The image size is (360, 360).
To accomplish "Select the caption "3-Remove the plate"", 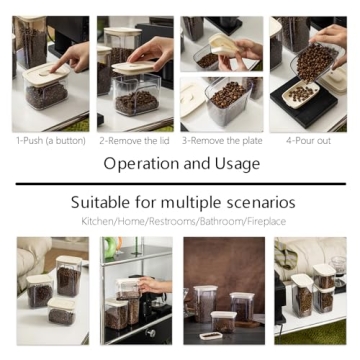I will click(x=223, y=140).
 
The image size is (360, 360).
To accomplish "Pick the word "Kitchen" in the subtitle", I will click(x=97, y=220).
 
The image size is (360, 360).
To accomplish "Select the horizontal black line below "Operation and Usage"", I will click(x=180, y=184).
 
